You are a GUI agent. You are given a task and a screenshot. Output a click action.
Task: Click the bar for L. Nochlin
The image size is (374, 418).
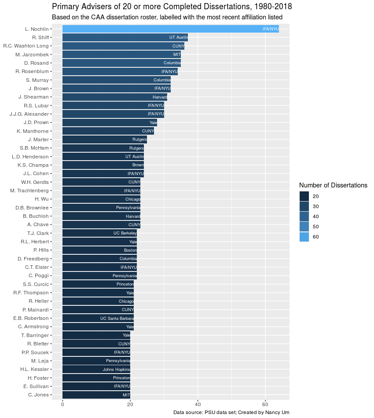pos(171,29)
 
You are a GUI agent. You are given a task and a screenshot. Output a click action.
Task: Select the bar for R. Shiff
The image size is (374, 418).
pos(125,37)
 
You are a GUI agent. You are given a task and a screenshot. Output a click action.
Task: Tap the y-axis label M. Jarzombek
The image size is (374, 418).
pos(32,55)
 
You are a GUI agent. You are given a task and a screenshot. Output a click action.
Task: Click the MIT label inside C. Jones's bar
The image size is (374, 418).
pos(126,395)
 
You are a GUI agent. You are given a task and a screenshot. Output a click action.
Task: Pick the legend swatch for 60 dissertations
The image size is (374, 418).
pos(304,237)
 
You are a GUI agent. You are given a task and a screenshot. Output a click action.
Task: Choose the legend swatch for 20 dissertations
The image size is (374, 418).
pos(304,196)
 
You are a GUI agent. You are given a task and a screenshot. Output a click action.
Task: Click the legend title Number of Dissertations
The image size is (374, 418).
pos(333,185)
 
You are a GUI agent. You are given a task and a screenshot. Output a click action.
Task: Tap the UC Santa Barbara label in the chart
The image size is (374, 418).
pos(117,319)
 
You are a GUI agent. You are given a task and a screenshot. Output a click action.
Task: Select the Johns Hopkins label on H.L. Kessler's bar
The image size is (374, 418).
pos(116,370)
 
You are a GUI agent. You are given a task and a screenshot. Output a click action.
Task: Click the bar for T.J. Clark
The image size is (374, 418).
pos(99,233)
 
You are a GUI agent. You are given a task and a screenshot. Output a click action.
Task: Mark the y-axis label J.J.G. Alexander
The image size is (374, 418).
pos(29,114)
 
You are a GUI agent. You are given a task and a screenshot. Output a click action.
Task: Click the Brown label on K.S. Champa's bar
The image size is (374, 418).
pos(138,165)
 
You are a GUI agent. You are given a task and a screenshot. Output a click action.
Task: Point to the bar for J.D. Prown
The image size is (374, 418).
pos(110,123)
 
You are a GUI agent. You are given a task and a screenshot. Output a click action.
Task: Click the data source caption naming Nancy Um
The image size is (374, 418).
pos(231,412)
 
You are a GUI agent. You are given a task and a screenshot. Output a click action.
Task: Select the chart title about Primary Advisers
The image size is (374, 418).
pos(172,7)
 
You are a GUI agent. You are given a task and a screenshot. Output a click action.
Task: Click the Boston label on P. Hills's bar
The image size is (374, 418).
pos(130,250)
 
